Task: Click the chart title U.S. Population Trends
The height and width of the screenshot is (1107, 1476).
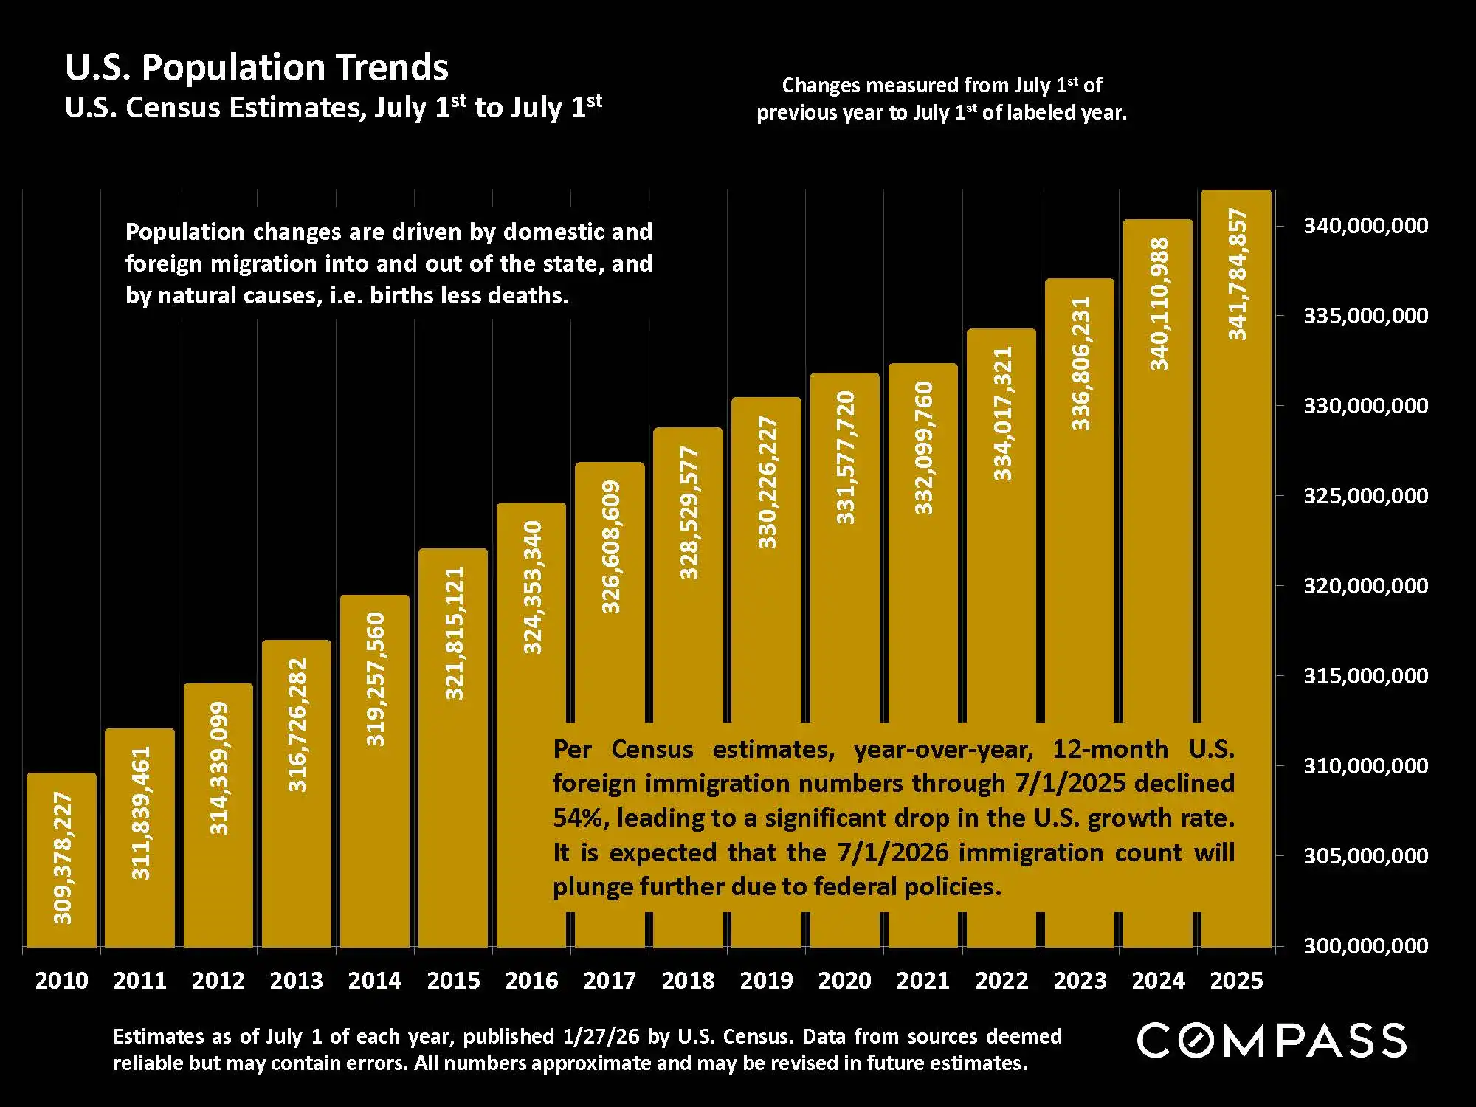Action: click(x=257, y=67)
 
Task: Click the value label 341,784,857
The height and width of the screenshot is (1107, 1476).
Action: click(x=1237, y=275)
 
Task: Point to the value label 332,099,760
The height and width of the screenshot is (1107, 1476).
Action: click(x=923, y=448)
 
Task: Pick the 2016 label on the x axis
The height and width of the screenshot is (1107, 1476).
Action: click(x=531, y=981)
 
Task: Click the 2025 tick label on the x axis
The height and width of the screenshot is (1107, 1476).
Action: click(x=1237, y=981)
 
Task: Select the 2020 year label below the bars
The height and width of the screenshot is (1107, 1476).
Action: click(x=845, y=981)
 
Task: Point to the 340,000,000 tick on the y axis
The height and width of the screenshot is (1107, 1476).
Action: click(x=1366, y=226)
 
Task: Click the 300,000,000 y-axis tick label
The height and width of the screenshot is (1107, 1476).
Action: click(x=1366, y=946)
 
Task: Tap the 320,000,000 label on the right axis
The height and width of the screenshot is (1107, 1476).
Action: click(x=1366, y=586)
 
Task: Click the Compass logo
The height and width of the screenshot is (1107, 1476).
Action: click(x=1271, y=1041)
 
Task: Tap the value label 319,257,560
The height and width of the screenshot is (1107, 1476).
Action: click(x=376, y=679)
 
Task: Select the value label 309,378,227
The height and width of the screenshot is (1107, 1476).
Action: click(x=63, y=858)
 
